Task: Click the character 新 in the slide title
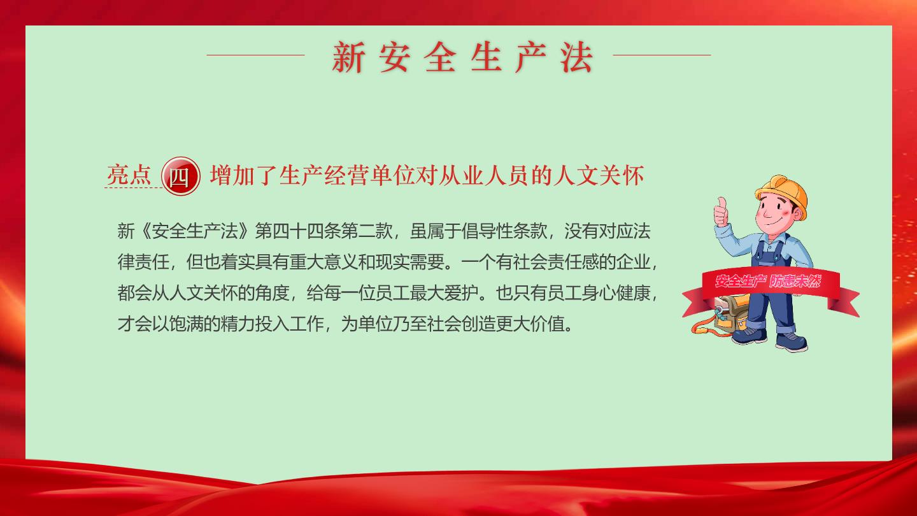(x=348, y=57)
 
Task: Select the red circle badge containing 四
(x=181, y=176)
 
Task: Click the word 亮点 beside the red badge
(x=129, y=175)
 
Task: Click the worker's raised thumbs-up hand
(x=721, y=211)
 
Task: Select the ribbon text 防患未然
(x=795, y=281)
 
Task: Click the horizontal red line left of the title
(x=256, y=55)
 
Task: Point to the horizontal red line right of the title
(x=662, y=55)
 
